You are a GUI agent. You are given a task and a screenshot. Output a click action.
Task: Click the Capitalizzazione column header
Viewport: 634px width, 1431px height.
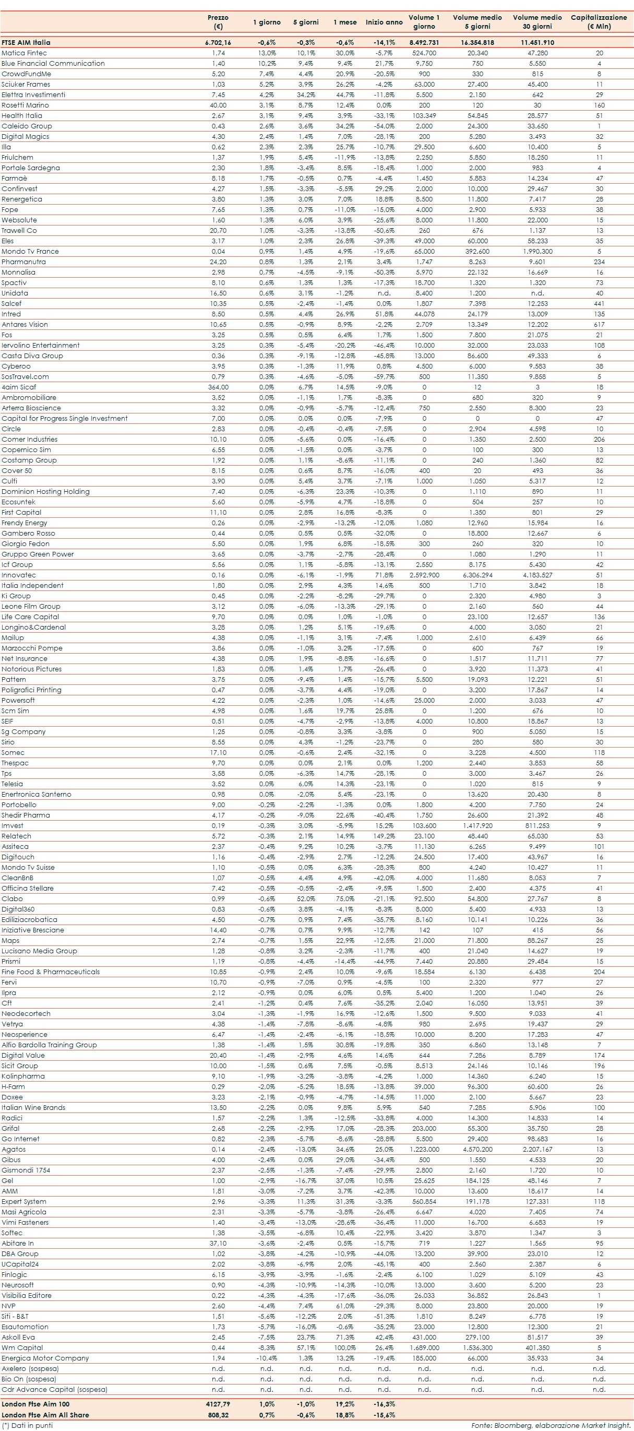pos(599,21)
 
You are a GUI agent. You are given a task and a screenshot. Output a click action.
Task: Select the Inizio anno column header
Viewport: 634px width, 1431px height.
pos(384,22)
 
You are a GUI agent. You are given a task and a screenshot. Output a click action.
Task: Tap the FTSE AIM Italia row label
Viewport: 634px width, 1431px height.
pos(26,42)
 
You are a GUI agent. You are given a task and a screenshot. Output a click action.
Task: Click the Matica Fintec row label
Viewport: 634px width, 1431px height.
pos(24,53)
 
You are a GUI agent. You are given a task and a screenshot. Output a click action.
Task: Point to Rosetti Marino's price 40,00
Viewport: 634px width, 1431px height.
pos(218,105)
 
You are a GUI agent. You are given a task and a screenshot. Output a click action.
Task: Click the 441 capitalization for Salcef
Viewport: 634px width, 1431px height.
pos(599,303)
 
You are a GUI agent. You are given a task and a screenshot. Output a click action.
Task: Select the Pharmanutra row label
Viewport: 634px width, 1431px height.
pos(23,262)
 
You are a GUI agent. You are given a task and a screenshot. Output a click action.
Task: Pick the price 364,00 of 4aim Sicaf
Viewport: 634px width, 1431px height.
pos(218,387)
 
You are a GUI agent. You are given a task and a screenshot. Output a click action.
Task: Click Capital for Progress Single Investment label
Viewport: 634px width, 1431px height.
pos(64,418)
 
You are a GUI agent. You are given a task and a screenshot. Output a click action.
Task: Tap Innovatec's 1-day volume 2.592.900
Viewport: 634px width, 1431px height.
pos(424,575)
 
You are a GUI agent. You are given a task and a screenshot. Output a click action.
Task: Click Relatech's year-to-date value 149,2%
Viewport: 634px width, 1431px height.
pos(384,836)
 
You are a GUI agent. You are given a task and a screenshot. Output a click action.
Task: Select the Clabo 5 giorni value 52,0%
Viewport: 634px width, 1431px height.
pos(306,899)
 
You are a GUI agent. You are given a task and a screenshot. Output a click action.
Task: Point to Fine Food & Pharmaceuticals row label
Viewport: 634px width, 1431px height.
pos(51,972)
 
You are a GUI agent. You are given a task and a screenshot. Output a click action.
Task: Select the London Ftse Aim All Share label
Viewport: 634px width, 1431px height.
pos(45,1415)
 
